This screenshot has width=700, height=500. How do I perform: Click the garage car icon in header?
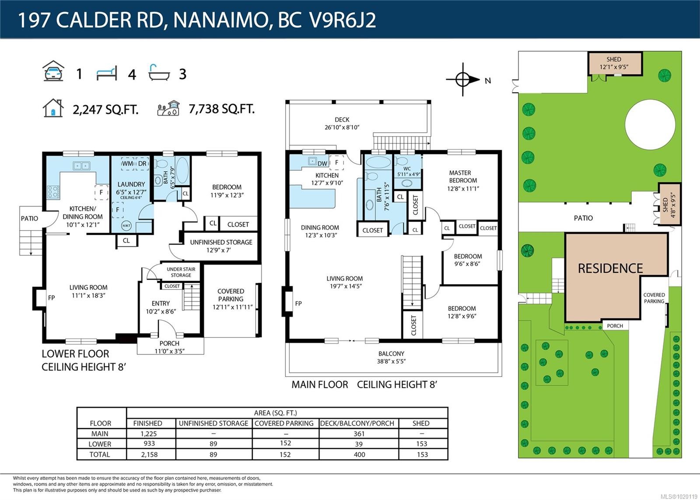pyautogui.click(x=53, y=71)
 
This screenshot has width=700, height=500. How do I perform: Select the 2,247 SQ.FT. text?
pyautogui.click(x=105, y=109)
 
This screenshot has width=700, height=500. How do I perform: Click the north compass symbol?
pyautogui.click(x=463, y=80)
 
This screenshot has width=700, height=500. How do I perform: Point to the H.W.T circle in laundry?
pyautogui.click(x=126, y=226)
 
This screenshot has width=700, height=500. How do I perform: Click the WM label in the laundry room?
pyautogui.click(x=128, y=163)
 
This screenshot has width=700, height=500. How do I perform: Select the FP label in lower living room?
pyautogui.click(x=52, y=298)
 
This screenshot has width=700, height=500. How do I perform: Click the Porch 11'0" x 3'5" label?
pyautogui.click(x=169, y=347)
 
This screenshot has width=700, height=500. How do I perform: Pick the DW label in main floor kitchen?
pyautogui.click(x=322, y=163)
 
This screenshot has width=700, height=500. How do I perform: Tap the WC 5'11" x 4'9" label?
pyautogui.click(x=408, y=171)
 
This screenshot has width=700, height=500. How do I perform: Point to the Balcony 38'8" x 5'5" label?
pyautogui.click(x=391, y=357)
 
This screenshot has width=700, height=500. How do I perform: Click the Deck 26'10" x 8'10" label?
pyautogui.click(x=342, y=123)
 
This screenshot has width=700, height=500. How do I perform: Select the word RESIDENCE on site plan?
pyautogui.click(x=610, y=268)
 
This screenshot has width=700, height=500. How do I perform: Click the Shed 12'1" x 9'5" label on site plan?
pyautogui.click(x=614, y=63)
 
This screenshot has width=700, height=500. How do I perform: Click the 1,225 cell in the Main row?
pyautogui.click(x=149, y=433)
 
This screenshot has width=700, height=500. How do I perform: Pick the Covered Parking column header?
pyautogui.click(x=284, y=423)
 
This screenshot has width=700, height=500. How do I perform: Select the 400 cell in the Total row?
pyautogui.click(x=359, y=454)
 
